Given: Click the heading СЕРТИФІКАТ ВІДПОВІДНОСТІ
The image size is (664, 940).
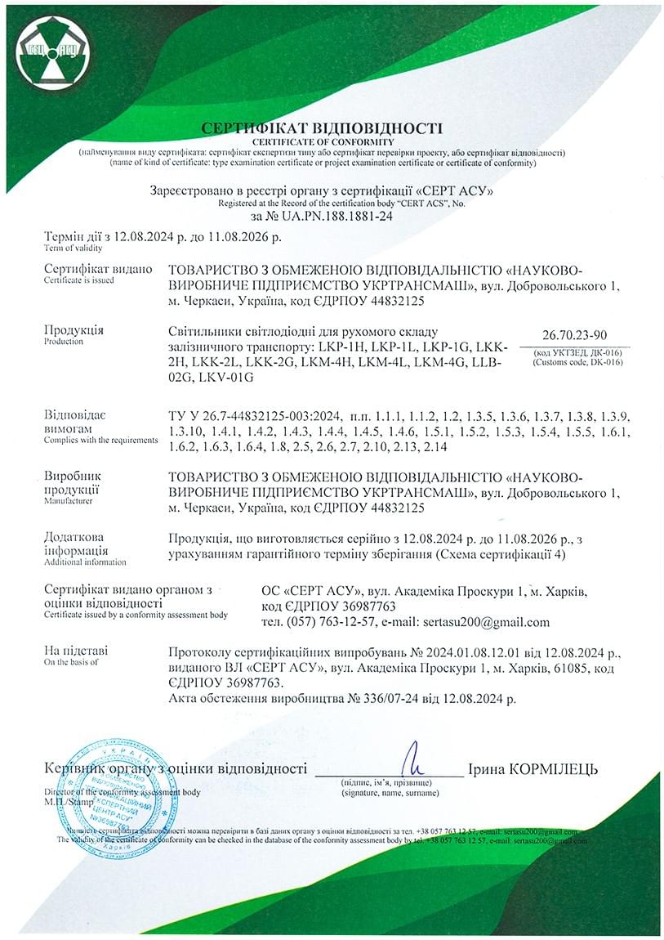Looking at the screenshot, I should [x=322, y=128].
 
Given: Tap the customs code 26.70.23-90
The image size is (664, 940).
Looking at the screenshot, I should [x=573, y=335].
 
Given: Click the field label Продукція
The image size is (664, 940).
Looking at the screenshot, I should [x=74, y=330].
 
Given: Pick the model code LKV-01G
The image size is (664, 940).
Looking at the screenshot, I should [x=230, y=377].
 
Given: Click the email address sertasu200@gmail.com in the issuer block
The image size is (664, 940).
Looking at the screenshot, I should [x=487, y=622].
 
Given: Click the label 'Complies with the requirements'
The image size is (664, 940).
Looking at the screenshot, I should [x=100, y=440].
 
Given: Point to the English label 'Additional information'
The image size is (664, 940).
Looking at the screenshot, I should [x=85, y=562].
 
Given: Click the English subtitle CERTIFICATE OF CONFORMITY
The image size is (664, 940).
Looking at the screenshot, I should [x=322, y=142].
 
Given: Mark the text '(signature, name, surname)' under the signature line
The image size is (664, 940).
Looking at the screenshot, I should [x=390, y=792].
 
